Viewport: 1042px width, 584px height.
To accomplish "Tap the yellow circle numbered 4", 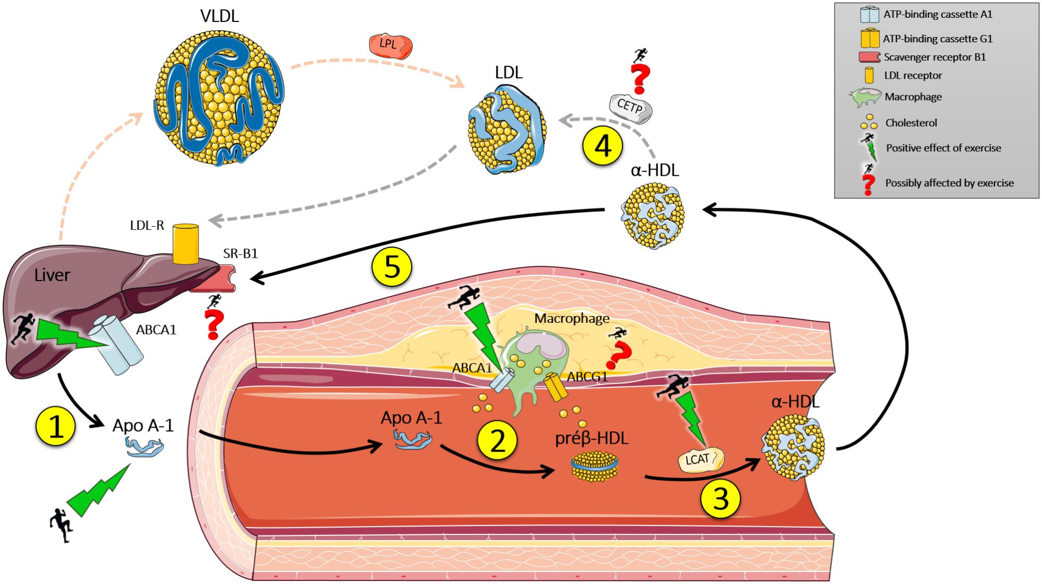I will tap(603, 147).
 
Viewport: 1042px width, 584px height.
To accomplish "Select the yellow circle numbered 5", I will tap(391, 267).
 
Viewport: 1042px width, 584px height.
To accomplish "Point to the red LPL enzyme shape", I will tap(390, 46).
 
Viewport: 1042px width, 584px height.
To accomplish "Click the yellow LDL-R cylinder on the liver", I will tap(185, 243).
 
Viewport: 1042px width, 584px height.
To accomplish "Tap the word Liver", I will tap(52, 275).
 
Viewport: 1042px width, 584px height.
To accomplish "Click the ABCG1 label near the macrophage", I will tap(588, 376).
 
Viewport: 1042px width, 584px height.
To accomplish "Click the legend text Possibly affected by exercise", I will tap(949, 183).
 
